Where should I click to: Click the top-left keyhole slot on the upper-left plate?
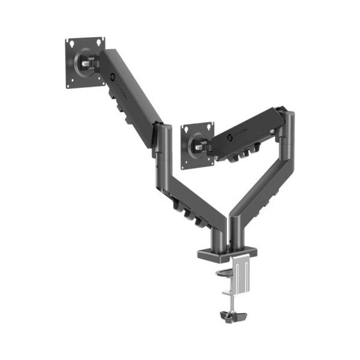click(x=71, y=44)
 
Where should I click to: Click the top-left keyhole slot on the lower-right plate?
click(x=187, y=129)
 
